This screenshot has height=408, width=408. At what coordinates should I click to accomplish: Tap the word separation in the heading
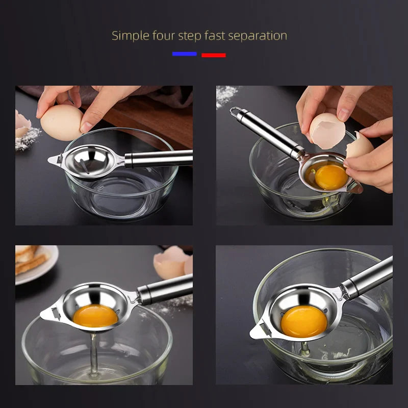[260, 36]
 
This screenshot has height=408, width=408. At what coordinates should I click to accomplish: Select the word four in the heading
[163, 36]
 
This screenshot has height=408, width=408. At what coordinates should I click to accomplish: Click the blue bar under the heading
[184, 54]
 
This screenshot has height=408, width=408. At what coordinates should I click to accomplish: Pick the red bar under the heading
[213, 55]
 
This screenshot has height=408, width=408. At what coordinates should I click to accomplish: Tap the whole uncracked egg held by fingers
[61, 122]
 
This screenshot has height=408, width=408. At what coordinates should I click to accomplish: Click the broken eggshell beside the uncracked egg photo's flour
[22, 124]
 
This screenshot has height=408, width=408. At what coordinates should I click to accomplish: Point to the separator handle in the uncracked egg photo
[158, 159]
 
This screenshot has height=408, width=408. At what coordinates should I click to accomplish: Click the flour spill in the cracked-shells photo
[226, 95]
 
